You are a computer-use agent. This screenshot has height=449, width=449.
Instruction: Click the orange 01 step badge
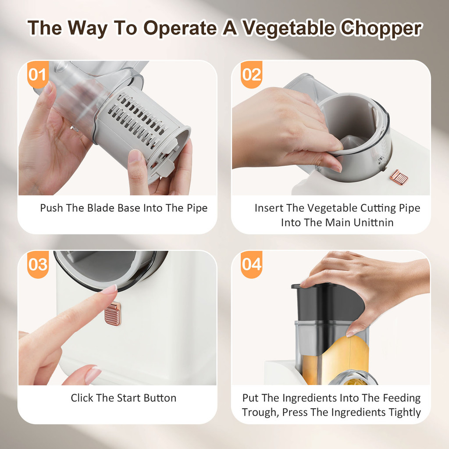point(38,75)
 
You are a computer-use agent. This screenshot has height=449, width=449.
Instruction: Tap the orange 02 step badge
point(251,75)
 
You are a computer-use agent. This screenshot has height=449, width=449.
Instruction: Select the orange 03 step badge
point(38,264)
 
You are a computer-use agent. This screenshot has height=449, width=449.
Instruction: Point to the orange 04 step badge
point(251,264)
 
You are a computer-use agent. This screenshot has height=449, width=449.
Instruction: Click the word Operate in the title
point(180,28)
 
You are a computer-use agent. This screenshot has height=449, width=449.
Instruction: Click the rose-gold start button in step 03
point(113,314)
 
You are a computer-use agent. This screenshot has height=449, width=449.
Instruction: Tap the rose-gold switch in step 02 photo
point(399,177)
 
